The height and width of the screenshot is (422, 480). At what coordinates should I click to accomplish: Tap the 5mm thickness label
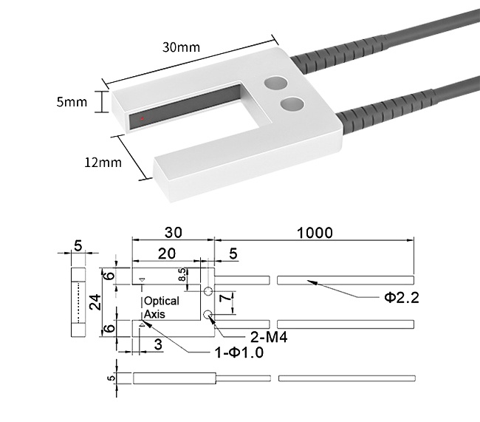[x=72, y=101]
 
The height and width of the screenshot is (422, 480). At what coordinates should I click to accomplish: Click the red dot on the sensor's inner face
[x=142, y=118]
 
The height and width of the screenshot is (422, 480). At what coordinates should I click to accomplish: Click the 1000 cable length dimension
[x=314, y=232]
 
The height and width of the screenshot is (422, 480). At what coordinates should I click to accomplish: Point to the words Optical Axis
[x=160, y=307]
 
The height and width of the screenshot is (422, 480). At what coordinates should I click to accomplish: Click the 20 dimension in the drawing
[x=167, y=253]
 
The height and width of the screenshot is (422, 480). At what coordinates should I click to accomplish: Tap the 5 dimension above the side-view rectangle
[x=78, y=248]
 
